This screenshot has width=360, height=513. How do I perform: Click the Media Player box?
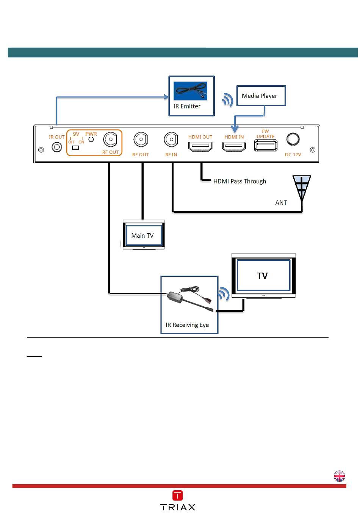(261, 96)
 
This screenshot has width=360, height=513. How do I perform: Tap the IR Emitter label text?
(187, 106)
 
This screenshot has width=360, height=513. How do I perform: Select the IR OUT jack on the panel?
(57, 147)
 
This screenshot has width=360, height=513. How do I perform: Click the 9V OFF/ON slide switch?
(75, 147)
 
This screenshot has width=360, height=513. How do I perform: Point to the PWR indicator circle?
(91, 139)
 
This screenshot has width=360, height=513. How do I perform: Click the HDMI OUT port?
(200, 146)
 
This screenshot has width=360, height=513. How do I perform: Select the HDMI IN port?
(234, 146)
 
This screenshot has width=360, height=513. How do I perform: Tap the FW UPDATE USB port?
(266, 146)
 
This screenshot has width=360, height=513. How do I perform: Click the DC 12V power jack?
(293, 139)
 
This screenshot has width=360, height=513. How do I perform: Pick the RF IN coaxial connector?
(171, 139)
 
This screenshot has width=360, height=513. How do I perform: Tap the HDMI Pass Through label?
(239, 181)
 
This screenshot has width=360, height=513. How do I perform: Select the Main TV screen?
(144, 235)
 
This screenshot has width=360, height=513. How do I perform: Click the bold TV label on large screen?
(262, 276)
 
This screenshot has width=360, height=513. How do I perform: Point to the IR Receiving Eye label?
(187, 325)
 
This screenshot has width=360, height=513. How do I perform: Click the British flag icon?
(339, 476)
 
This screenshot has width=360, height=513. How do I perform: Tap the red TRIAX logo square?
(177, 495)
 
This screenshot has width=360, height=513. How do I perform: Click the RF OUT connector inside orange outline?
(110, 139)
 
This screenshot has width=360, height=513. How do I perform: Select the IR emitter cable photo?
(190, 91)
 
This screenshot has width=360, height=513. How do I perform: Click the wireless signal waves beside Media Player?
(228, 100)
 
